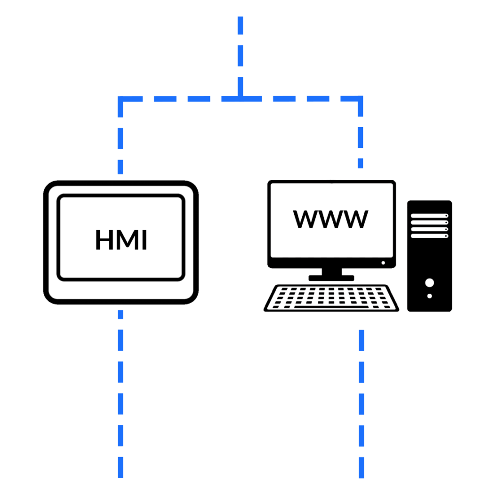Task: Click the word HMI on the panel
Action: [x=121, y=240]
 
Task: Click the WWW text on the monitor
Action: [x=330, y=219]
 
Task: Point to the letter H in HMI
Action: [x=104, y=240]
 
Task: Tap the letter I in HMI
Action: [x=144, y=240]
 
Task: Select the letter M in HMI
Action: [x=125, y=240]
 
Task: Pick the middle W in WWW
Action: [x=330, y=219]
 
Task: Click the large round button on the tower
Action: [x=429, y=282]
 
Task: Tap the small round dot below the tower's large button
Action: [x=429, y=296]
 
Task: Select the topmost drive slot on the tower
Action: [x=429, y=216]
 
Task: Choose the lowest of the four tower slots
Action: [x=429, y=236]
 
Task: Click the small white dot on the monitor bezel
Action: [x=383, y=263]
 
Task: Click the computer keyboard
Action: [x=331, y=298]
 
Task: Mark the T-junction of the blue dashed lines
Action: [x=241, y=99]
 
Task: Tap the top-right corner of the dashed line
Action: [x=361, y=99]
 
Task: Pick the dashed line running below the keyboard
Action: [x=361, y=400]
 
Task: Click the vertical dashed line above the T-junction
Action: [x=241, y=47]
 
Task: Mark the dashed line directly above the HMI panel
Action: [x=120, y=141]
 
